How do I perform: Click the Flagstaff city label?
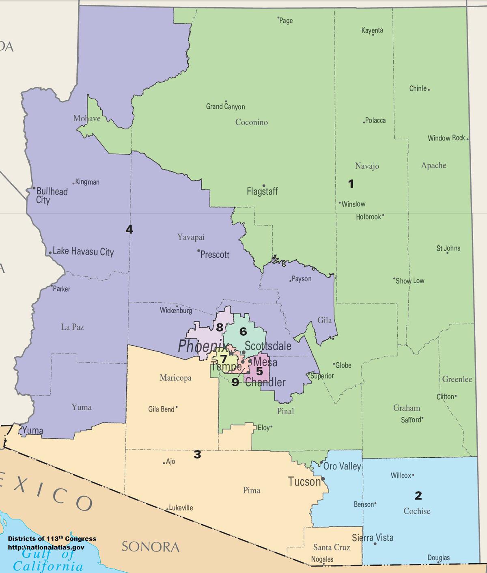click(262, 191)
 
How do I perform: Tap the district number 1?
click(351, 184)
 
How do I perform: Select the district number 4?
click(129, 230)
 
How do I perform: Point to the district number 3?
click(197, 455)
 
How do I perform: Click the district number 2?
click(418, 495)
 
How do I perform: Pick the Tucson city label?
click(304, 482)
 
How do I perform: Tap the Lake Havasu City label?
click(83, 252)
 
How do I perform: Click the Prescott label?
click(215, 254)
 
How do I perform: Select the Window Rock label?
click(446, 138)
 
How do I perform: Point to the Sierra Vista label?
click(373, 538)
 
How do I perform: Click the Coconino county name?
click(252, 122)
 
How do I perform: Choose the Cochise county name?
click(417, 511)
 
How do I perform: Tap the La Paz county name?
click(72, 327)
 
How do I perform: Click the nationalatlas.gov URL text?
click(46, 547)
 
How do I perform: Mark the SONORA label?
click(151, 547)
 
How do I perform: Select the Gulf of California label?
click(48, 560)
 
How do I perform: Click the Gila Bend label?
click(161, 409)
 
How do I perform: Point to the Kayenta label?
click(372, 30)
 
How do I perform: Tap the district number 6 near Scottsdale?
click(243, 332)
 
